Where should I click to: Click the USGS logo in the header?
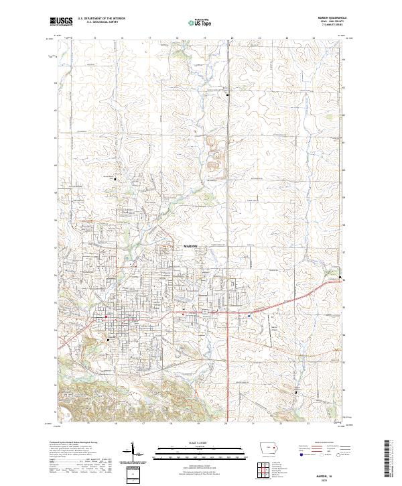[62, 22]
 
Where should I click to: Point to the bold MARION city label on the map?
[192, 247]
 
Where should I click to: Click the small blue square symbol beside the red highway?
[249, 316]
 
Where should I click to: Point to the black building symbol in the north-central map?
[227, 95]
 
